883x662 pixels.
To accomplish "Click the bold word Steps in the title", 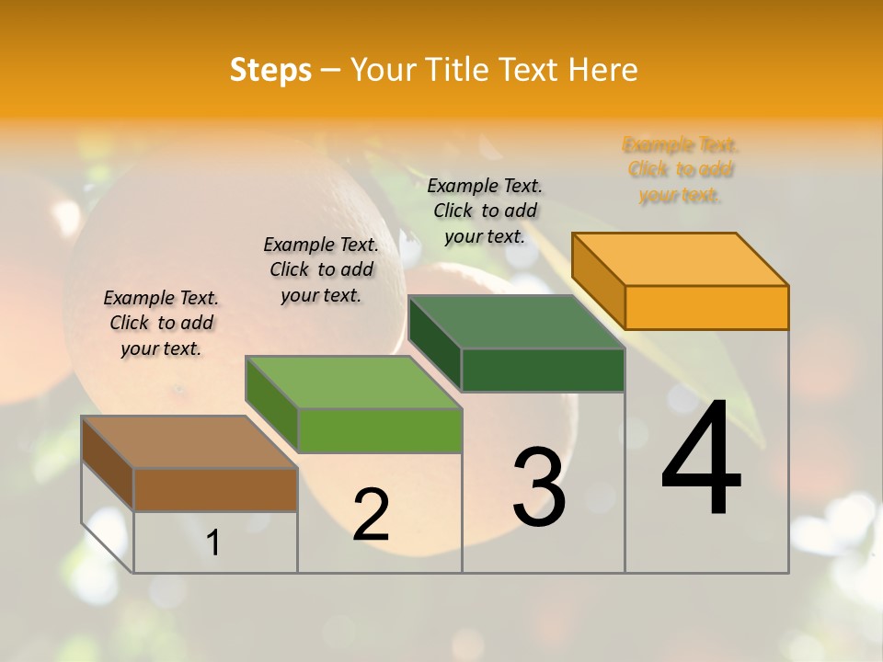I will click(270, 70).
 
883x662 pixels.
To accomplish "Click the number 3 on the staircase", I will click(539, 487).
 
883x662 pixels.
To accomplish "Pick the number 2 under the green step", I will click(371, 515).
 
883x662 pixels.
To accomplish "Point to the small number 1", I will click(213, 543).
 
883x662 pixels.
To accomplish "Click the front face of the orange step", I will click(706, 307).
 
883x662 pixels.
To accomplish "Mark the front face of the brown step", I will click(215, 489).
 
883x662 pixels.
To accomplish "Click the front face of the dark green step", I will click(543, 370).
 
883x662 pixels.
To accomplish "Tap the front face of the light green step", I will click(379, 430).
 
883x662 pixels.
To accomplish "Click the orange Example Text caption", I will click(680, 170).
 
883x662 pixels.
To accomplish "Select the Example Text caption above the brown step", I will click(161, 323).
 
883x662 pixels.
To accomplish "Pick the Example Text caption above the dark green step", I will click(485, 211).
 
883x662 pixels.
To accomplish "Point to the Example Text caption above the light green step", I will click(321, 269).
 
